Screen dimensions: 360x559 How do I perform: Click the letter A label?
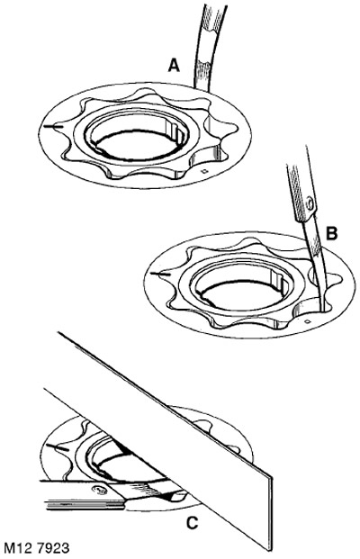tap(174, 66)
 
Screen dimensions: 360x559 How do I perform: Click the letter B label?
tap(331, 233)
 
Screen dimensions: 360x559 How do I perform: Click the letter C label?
tap(192, 523)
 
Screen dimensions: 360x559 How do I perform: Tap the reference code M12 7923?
tap(36, 547)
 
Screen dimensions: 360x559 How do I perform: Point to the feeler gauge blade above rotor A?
tap(206, 46)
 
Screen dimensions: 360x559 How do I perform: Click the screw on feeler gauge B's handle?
tap(310, 204)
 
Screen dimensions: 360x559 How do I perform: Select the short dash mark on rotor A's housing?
tap(53, 126)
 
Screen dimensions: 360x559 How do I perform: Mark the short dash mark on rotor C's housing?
tap(57, 447)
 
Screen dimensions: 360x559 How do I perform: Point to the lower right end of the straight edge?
tap(269, 549)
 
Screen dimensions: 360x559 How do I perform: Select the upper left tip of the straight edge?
tap(58, 333)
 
